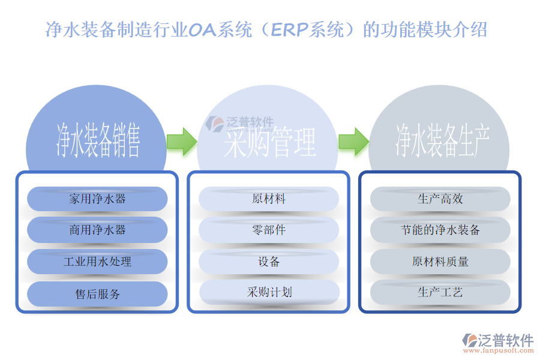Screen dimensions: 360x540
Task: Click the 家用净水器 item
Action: click(97, 199)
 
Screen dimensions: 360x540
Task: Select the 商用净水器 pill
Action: click(97, 230)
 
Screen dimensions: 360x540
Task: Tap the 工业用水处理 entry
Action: click(97, 262)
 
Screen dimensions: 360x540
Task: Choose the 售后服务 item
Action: click(97, 294)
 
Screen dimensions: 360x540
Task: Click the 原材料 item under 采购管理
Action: click(269, 199)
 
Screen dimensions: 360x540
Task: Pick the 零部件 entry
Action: click(269, 230)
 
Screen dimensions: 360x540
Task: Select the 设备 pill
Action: click(269, 262)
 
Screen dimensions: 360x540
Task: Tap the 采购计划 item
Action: click(269, 292)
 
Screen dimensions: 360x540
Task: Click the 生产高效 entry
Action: click(440, 199)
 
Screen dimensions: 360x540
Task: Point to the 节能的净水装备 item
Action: click(440, 230)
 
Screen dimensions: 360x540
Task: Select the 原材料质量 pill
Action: click(440, 262)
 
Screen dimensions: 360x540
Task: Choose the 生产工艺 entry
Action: click(440, 292)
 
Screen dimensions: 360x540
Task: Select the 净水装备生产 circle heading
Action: click(441, 140)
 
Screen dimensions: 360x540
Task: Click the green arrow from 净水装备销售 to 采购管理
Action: click(181, 142)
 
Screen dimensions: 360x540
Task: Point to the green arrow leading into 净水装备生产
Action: click(353, 142)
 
